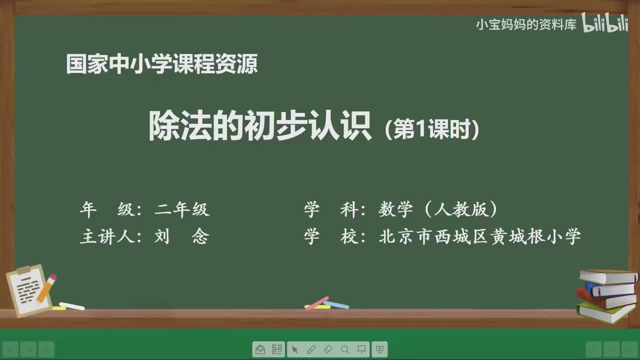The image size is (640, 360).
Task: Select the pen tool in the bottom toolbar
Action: (311, 349)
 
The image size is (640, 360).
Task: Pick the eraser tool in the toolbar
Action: (328, 349)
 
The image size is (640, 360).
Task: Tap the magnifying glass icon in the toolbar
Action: (345, 349)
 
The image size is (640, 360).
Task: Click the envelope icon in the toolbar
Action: (260, 349)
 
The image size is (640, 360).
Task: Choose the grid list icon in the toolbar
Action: (276, 349)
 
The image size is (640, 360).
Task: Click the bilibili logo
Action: (604, 24)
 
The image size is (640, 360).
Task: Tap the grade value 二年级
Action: (181, 209)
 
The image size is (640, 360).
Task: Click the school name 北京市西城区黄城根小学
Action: (479, 236)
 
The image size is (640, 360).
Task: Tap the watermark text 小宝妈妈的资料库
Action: (526, 24)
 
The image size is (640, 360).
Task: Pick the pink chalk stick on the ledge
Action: (316, 303)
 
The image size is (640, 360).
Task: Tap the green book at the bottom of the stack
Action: (605, 313)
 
